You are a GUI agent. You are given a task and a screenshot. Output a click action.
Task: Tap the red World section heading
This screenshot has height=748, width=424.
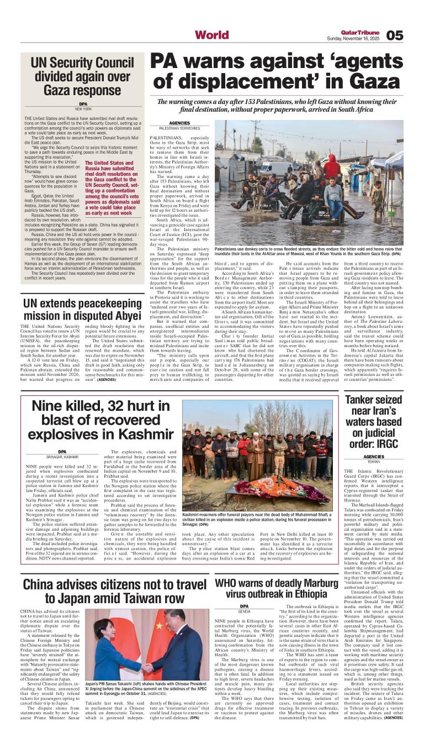(x=211, y=35)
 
